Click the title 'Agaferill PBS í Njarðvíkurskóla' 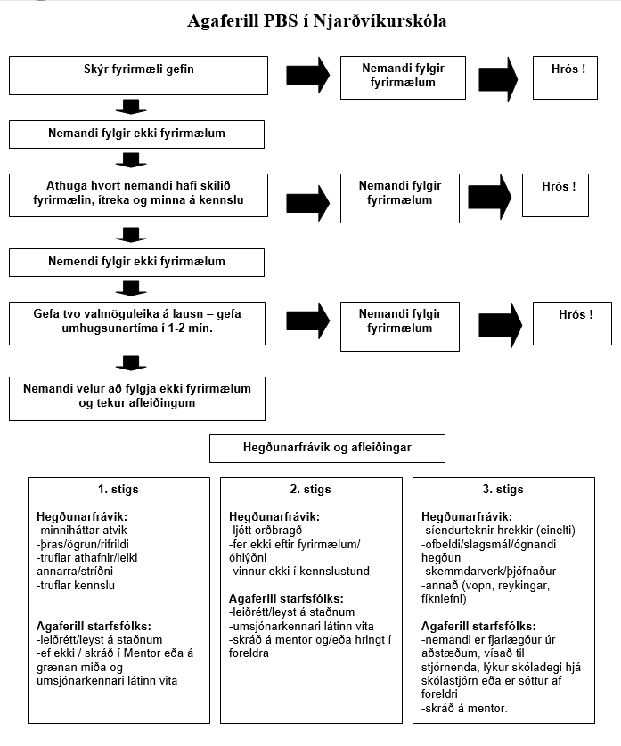click(316, 21)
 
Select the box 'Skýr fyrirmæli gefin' click(138, 76)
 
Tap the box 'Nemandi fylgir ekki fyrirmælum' click(136, 134)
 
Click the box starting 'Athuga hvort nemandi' click(138, 195)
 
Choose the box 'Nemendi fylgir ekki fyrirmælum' click(136, 262)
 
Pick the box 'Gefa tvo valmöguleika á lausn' click(137, 323)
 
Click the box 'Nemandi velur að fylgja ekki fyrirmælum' click(137, 399)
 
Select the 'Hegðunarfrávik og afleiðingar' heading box click(327, 448)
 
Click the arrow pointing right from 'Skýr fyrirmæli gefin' click(307, 75)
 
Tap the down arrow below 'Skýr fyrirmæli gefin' click(131, 107)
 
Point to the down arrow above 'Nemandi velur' click(131, 362)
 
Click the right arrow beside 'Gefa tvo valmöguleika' click(307, 321)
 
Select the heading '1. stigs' click(118, 489)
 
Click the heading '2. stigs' click(310, 489)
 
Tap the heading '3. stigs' click(503, 489)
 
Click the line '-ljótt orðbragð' click(266, 531)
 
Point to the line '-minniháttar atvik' click(81, 531)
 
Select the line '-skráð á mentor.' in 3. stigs click(464, 708)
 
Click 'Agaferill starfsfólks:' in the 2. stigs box click(286, 598)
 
